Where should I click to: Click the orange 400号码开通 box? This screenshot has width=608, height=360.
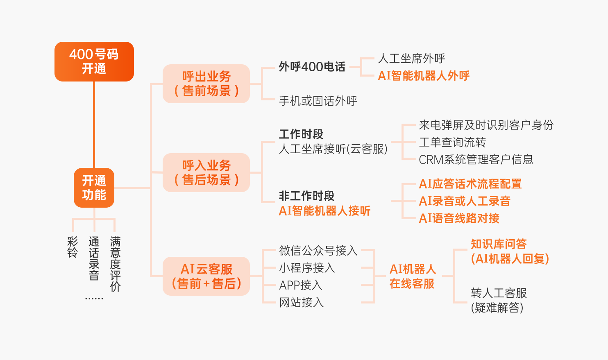coord(94,61)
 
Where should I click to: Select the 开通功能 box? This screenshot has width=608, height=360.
coord(94,188)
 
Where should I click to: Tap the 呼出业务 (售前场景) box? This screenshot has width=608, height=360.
coord(206,84)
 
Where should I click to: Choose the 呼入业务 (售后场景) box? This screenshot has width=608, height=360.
coord(206,172)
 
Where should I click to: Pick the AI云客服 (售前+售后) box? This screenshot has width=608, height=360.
coord(206,276)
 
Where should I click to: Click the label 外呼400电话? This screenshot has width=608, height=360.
coord(312,67)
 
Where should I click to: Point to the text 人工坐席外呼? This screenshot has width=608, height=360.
coord(411,59)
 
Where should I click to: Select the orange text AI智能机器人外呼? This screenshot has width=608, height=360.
coord(424,76)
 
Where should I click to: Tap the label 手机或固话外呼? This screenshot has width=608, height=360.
coord(318,101)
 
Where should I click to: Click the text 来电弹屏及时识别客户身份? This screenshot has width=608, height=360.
coord(486,125)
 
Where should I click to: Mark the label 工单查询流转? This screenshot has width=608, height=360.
coord(452,142)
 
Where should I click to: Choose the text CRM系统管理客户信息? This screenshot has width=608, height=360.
coord(476,159)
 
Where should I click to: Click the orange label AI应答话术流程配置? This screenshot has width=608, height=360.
coord(470,184)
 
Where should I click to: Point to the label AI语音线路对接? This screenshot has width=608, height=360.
coord(459,218)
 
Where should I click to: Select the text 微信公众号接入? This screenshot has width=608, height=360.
coord(318,250)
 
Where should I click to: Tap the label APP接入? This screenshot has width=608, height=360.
coord(301,285)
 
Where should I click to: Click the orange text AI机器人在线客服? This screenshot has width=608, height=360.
coord(412,276)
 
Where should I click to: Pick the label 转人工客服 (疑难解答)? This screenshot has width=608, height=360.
coord(499,300)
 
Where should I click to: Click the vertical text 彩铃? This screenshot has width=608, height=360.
coord(73,247)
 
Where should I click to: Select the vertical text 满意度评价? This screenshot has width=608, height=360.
coord(115,264)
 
